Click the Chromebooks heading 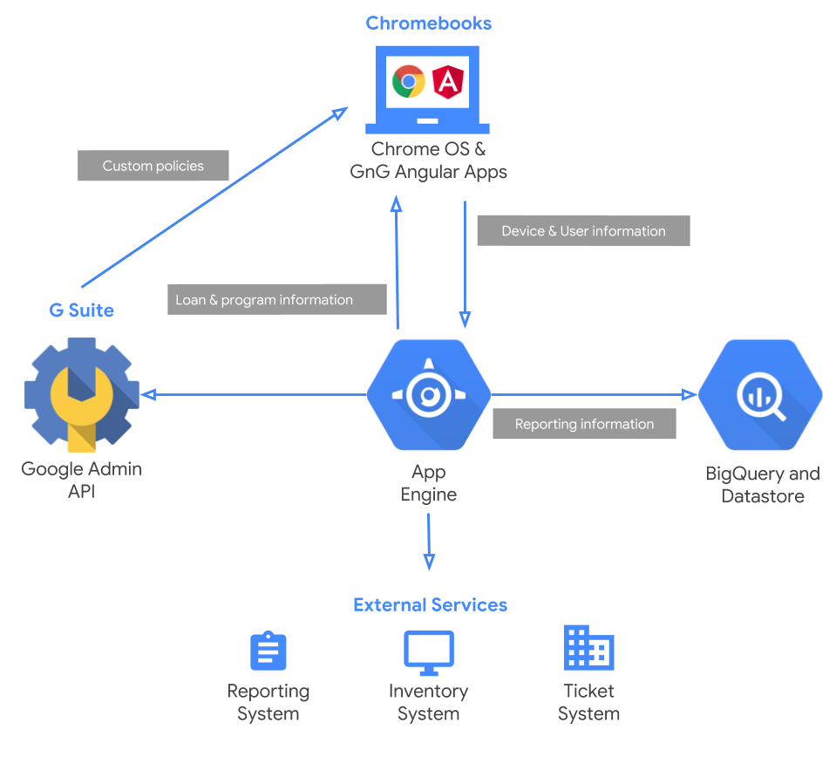pos(428,23)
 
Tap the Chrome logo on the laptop pos(408,82)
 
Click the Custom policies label pos(153,166)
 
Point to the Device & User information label pos(583,231)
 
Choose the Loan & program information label pos(275,299)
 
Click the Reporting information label pos(584,424)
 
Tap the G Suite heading pos(81,310)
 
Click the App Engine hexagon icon pos(428,394)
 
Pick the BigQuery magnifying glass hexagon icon pos(760,394)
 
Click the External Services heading pos(430,605)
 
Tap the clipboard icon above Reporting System pos(268,651)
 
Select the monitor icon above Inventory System pos(428,651)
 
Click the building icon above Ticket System pos(588,648)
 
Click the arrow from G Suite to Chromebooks pos(214,197)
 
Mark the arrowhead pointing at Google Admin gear pos(149,395)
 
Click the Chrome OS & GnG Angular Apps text pos(428,160)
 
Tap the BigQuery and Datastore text pos(762,485)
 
